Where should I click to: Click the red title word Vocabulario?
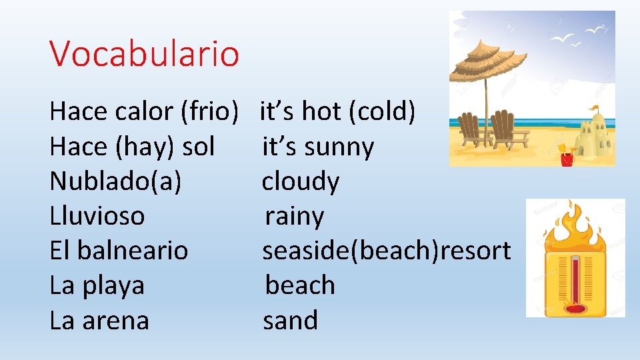tap(144, 53)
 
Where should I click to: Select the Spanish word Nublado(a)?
tap(115, 181)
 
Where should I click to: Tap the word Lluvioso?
tap(97, 216)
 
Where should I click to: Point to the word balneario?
tap(133, 251)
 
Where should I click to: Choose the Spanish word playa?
tap(111, 286)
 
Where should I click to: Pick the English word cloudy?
tap(300, 181)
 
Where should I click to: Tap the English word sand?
tap(290, 321)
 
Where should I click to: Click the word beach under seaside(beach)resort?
tap(300, 285)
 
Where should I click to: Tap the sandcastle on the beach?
tap(595, 140)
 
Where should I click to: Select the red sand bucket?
tap(567, 159)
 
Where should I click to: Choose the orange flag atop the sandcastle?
tap(594, 107)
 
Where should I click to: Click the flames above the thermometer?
tap(574, 226)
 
